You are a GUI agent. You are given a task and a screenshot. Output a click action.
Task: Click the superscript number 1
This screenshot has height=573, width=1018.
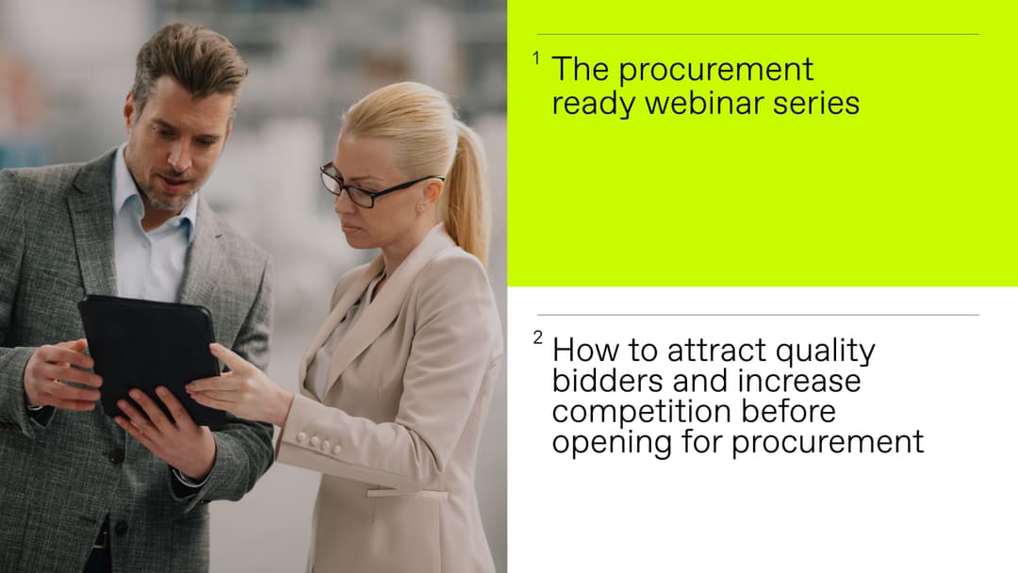tap(536, 58)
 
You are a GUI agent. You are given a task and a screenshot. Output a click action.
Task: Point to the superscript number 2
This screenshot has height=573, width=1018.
tap(537, 338)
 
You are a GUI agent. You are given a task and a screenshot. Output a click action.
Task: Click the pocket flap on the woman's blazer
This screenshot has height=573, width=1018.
tap(407, 492)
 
